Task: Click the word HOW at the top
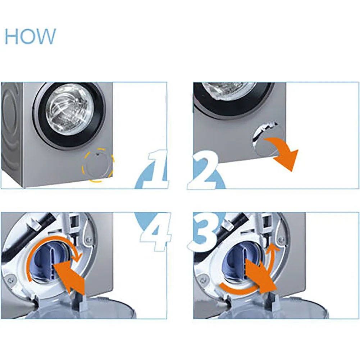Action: click(30, 36)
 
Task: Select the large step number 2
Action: click(202, 170)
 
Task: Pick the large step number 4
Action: click(156, 232)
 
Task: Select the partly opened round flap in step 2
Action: click(266, 142)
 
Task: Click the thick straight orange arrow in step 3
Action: click(261, 275)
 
